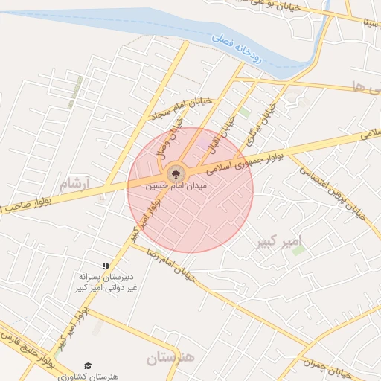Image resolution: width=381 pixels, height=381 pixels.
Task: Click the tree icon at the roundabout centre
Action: click(176, 173)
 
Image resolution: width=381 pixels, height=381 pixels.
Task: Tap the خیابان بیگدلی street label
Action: click(262, 124)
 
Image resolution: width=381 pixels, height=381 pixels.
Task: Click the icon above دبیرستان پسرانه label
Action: click(106, 266)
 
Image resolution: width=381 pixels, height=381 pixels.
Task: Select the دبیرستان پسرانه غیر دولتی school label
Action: click(106, 281)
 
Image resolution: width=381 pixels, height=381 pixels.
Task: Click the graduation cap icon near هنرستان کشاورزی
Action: click(88, 366)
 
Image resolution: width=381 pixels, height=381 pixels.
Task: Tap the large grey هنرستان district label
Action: click(170, 359)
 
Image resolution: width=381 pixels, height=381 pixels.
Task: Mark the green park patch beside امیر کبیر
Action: click(298, 251)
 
